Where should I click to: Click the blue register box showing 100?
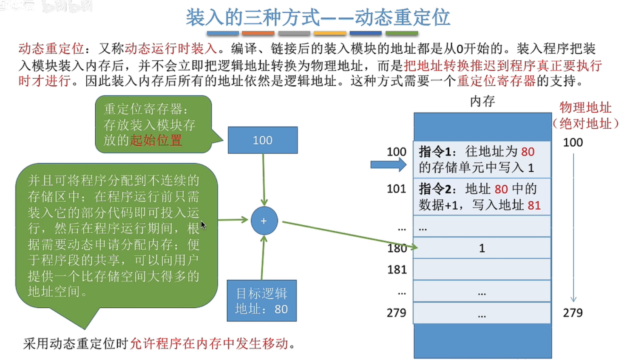coord(262,140)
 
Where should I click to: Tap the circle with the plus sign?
coord(264,221)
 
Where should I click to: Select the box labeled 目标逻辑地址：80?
coord(261,301)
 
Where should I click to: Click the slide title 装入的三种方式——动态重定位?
coord(318,17)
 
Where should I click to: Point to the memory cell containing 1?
coord(482,248)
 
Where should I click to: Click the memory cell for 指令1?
coord(482,159)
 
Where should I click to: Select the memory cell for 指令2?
coord(482,197)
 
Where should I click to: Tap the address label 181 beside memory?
coord(397,269)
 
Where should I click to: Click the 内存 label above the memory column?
coord(482,101)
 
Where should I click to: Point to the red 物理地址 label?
coord(585,108)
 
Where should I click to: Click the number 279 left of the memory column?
coord(396,313)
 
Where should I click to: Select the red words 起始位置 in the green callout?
coord(156,140)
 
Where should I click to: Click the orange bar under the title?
coord(258,33)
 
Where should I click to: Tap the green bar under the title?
coord(402,33)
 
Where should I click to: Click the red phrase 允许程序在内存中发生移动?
coord(209,343)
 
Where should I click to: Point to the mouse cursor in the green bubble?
coord(203,225)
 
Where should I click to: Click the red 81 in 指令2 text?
coord(534,206)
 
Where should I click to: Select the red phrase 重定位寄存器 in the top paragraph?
coord(496,81)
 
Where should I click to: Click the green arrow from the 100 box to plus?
coord(264,179)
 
